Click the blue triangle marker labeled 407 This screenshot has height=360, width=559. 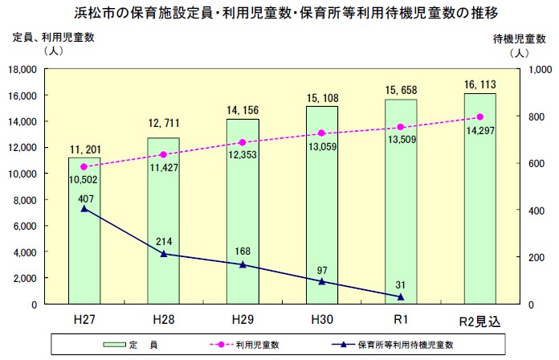point(84,209)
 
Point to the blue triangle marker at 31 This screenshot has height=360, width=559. point(401,297)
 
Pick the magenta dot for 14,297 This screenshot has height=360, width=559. point(479,117)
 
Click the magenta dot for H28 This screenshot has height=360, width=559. point(163,154)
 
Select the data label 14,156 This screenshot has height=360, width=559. point(242,111)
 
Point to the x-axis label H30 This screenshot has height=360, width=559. point(321,320)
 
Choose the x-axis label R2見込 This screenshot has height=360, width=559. point(479,321)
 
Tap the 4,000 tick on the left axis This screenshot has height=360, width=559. point(29,252)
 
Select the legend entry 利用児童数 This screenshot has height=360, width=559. point(256,344)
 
